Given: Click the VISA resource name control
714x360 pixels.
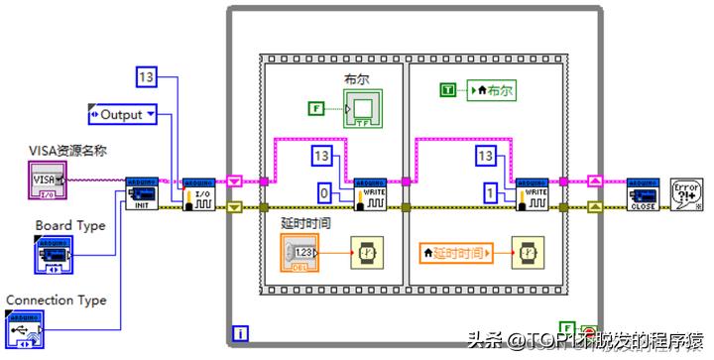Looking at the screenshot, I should [x=46, y=180].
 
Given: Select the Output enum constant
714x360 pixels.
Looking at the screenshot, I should [x=123, y=115].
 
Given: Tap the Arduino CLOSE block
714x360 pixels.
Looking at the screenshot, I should [x=643, y=192].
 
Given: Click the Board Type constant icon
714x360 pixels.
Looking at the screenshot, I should [x=52, y=255].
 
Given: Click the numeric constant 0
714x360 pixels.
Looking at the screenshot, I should [x=323, y=192].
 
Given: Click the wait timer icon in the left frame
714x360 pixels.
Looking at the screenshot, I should [x=370, y=252].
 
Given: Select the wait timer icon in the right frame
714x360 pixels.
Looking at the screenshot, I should [x=527, y=252].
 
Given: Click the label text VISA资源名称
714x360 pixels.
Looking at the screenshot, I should [x=66, y=151].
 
